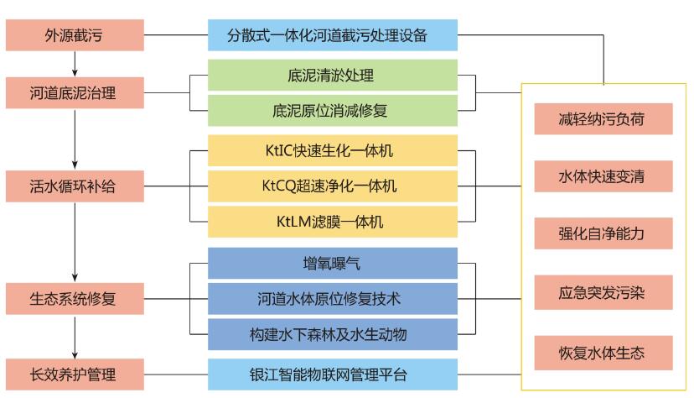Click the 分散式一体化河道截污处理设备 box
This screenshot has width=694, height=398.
[x=333, y=37]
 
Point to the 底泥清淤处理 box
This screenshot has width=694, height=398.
[x=333, y=76]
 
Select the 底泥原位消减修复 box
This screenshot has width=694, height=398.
[x=333, y=109]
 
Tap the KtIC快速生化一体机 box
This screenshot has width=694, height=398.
[x=333, y=151]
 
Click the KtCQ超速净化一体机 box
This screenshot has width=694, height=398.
[x=333, y=186]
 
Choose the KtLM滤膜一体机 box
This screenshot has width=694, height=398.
[x=333, y=222]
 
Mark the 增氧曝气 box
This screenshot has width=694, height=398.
[x=333, y=263]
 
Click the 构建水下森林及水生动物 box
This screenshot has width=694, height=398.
[x=333, y=334]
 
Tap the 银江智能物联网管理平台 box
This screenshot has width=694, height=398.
[x=333, y=372]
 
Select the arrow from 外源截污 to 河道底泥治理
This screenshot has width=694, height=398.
[x=75, y=64]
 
